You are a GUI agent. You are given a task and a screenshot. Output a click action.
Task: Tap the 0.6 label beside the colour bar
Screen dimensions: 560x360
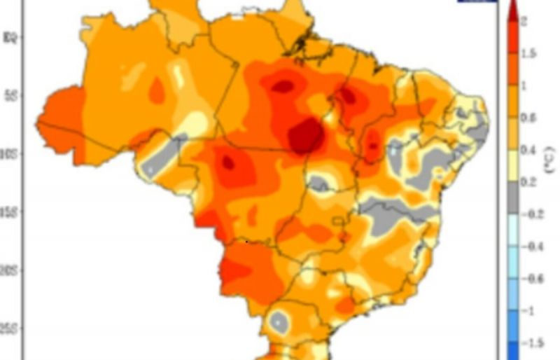[x=528, y=118]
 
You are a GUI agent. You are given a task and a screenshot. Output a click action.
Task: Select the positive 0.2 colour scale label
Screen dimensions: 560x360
[x=528, y=182]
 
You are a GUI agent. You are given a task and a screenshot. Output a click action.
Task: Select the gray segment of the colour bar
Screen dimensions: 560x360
[x=512, y=198]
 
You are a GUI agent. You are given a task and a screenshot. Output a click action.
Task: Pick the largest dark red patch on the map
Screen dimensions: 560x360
[x=307, y=135]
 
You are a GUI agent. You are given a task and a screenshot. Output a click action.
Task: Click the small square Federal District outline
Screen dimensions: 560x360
[x=340, y=223]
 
